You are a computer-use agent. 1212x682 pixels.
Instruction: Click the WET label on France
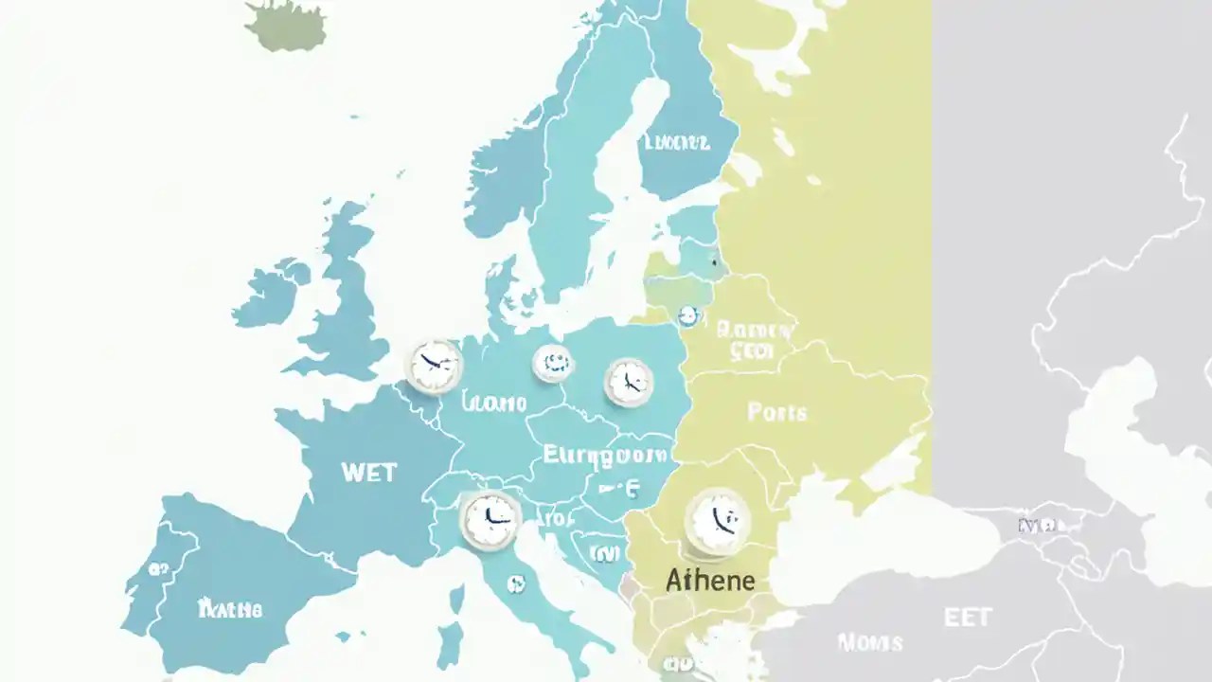(x=368, y=472)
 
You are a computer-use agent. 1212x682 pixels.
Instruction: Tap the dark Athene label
(x=710, y=580)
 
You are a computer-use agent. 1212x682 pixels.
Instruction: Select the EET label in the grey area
(x=968, y=618)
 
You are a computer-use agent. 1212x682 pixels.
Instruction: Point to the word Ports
(x=777, y=412)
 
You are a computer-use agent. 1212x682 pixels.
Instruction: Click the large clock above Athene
(x=717, y=522)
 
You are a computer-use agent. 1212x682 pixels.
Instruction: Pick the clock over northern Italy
(x=490, y=519)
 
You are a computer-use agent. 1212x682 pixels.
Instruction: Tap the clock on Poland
(x=628, y=382)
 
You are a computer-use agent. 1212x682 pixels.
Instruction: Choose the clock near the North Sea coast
(x=435, y=366)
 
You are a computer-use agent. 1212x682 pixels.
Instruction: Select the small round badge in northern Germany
(x=552, y=363)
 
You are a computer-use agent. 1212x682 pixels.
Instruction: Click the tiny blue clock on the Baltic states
(x=688, y=315)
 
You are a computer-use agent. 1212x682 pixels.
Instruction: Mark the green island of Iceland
(x=286, y=24)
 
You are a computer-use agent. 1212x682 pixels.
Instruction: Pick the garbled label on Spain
(x=229, y=609)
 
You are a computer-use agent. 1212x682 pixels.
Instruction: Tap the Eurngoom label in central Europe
(x=604, y=456)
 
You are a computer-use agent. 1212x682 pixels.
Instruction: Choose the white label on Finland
(x=676, y=143)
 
